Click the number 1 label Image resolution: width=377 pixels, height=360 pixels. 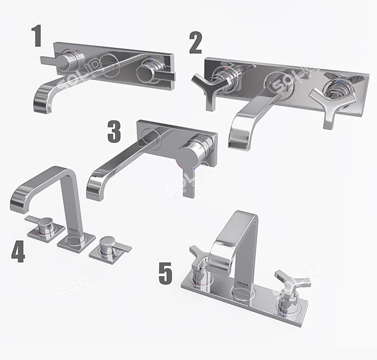pyautogui.click(x=37, y=37)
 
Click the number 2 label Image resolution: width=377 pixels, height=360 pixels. pyautogui.click(x=195, y=42)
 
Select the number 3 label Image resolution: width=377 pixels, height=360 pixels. pyautogui.click(x=114, y=132)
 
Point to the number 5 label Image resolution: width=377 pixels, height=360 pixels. pyautogui.click(x=165, y=272)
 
